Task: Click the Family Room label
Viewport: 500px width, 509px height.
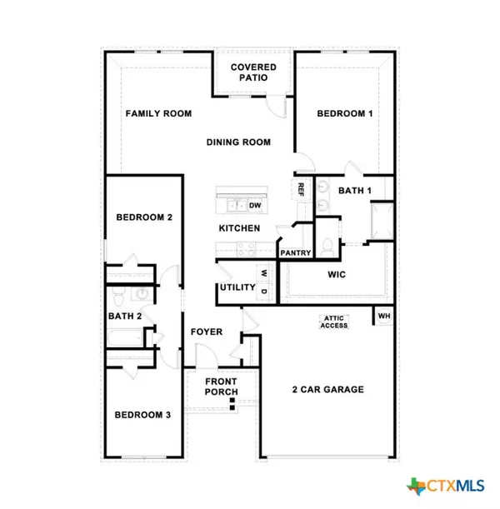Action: (x=158, y=113)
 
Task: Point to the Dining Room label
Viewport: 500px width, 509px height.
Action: (x=238, y=142)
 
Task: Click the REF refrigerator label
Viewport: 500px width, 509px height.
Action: (x=298, y=189)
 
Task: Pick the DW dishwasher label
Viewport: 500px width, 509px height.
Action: (x=255, y=205)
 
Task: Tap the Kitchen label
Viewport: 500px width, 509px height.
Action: (x=239, y=228)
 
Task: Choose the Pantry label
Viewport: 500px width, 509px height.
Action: (x=296, y=253)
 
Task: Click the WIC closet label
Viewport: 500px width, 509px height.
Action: (x=337, y=274)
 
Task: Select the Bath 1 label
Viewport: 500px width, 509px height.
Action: (x=355, y=191)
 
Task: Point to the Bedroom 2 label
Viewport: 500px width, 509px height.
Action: (x=144, y=217)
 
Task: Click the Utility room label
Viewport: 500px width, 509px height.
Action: (x=236, y=287)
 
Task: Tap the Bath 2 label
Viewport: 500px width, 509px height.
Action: (x=125, y=316)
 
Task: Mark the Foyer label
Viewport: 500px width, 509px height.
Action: (x=207, y=332)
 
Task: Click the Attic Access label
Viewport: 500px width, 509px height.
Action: (x=334, y=322)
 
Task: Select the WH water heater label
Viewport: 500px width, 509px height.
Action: (x=384, y=317)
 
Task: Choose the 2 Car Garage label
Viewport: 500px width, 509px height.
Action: (x=327, y=389)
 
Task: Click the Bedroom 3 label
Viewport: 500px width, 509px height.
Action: (x=143, y=415)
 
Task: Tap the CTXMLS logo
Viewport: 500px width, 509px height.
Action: (x=448, y=484)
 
